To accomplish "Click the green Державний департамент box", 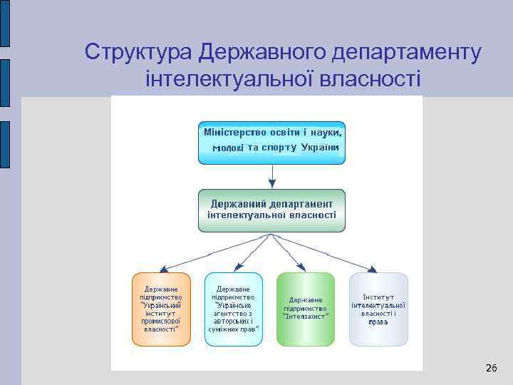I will point(271,210).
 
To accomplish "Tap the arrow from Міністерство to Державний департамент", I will point(271,175).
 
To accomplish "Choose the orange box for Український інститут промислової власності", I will point(161,309).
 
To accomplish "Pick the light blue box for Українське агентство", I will point(234,309).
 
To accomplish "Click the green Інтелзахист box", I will point(305,309).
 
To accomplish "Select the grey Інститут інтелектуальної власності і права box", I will point(378,309).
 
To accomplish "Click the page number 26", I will point(491,368).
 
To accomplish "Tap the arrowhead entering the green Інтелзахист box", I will point(304,268).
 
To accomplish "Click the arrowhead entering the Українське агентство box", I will point(236,268).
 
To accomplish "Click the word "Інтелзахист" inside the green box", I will point(305,317).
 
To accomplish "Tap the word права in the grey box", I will point(378,322).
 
